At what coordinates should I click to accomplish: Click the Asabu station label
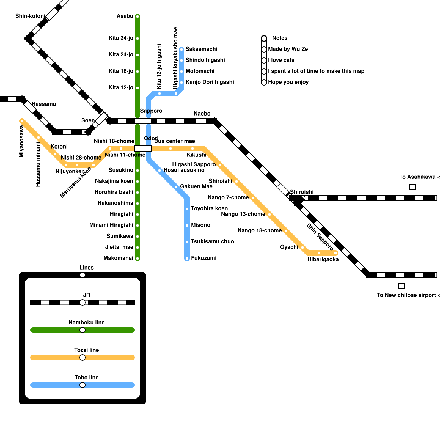(x=125, y=16)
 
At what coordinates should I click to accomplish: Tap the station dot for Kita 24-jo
(x=137, y=55)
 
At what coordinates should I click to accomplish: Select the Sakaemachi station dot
(x=182, y=50)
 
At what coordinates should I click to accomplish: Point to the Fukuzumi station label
(x=204, y=258)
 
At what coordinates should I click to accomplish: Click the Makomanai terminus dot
(x=137, y=258)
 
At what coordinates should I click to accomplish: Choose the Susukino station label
(x=121, y=170)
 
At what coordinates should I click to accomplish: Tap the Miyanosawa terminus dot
(x=22, y=121)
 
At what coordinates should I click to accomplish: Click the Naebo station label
(x=202, y=114)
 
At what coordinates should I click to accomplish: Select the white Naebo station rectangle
(x=201, y=121)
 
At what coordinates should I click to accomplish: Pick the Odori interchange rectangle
(x=143, y=148)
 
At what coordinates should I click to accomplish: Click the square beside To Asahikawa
(x=412, y=187)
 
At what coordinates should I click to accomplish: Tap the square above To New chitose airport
(x=401, y=286)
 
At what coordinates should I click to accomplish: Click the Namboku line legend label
(x=86, y=323)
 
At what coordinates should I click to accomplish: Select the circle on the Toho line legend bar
(x=82, y=385)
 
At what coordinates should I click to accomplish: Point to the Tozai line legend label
(x=86, y=350)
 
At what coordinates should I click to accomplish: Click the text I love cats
(x=281, y=60)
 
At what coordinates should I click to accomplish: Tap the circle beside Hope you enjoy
(x=264, y=82)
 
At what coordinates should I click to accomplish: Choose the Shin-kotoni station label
(x=30, y=16)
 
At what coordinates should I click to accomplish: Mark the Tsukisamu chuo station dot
(x=187, y=242)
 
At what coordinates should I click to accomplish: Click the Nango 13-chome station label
(x=243, y=214)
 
